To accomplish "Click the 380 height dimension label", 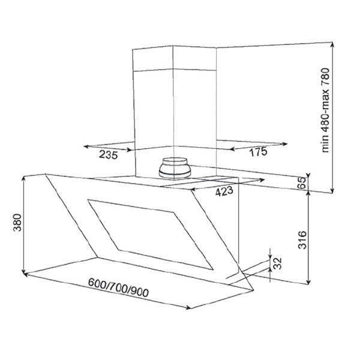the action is pos(17,223).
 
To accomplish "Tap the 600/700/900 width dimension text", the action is pos(118,288).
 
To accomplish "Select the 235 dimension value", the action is pos(109,155).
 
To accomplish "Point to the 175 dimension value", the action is pos(259,152).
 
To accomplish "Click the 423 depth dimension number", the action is pos(224,191).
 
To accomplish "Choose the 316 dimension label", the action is pos(302,240).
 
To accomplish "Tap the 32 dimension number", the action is pos(277,263).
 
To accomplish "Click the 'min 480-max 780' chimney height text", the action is pos(325,110).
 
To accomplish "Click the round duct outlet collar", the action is pos(175,168).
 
